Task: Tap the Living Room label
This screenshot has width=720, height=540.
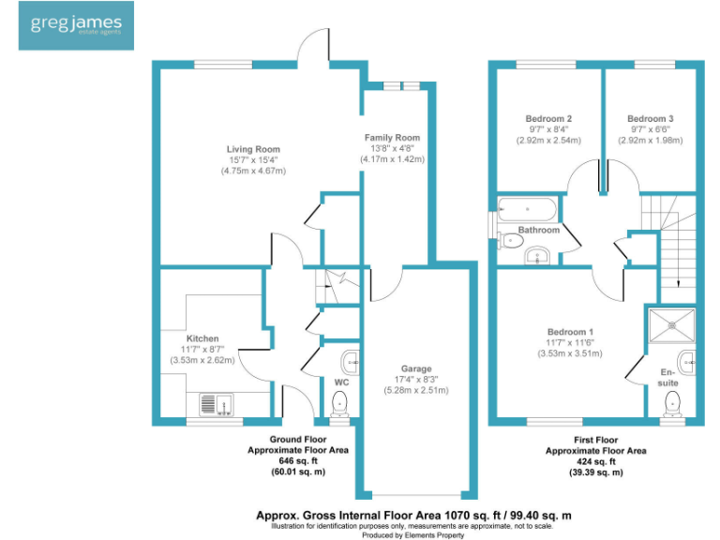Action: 253,149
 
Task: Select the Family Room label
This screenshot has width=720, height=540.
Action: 392,138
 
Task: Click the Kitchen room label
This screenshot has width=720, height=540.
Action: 202,338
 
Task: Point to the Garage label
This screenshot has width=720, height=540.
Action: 415,368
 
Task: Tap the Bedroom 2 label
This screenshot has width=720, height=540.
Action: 548,119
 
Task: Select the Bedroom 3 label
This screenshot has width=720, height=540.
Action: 650,119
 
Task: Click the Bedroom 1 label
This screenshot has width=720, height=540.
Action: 570,332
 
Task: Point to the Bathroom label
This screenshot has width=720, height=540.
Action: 539,230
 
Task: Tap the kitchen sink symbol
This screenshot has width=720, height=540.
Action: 217,404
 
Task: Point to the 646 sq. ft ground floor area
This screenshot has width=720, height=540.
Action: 296,461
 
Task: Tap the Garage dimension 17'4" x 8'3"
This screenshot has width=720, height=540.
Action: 415,380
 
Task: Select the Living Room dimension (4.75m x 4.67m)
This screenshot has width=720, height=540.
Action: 253,172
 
